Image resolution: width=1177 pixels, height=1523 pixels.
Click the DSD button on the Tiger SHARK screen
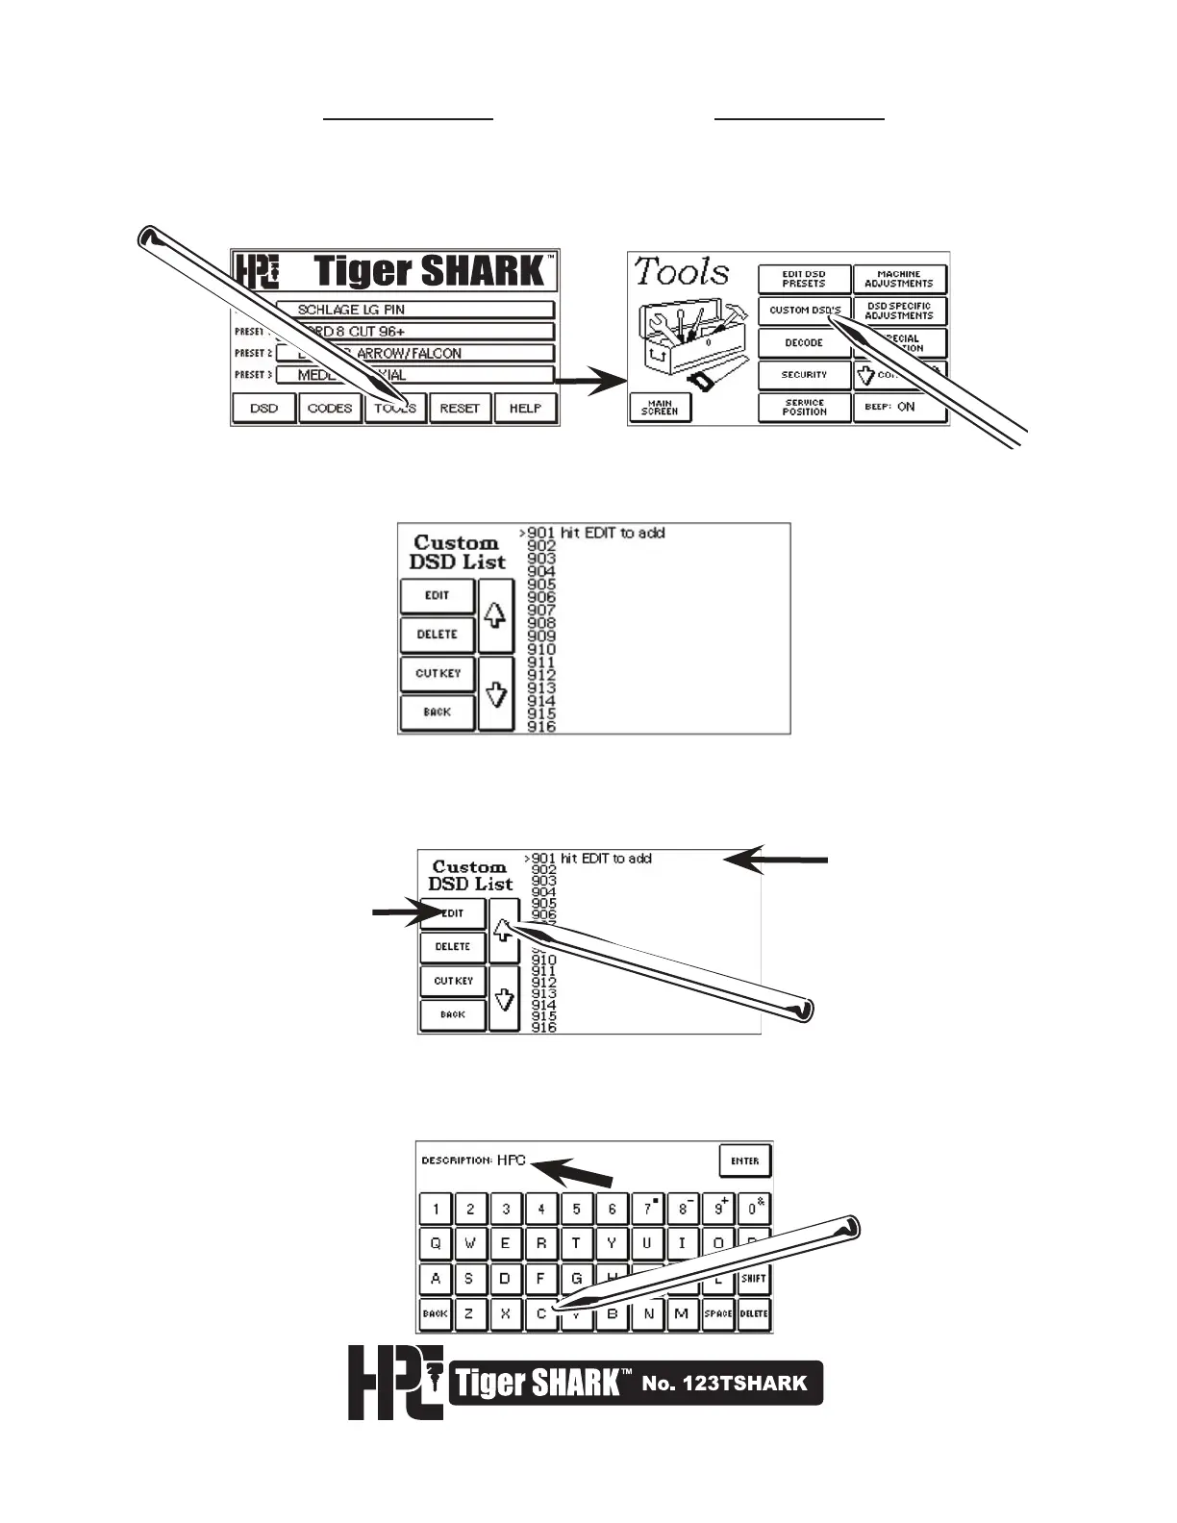click(x=263, y=408)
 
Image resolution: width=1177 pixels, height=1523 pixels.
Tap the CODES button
click(x=329, y=408)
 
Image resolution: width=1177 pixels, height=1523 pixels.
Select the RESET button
click(x=460, y=408)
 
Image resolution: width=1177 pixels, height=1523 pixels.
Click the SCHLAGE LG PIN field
click(x=415, y=310)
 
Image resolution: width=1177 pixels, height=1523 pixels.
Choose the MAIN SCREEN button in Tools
click(x=660, y=409)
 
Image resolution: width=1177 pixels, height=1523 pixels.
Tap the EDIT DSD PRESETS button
click(x=804, y=279)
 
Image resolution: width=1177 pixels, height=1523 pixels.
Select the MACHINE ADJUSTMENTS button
click(x=899, y=279)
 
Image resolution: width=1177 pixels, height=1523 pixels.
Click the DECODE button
click(x=804, y=342)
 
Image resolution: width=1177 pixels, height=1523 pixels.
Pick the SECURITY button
click(x=804, y=374)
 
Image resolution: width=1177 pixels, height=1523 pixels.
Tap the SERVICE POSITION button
click(x=804, y=408)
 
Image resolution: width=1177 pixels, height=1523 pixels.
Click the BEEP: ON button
click(x=899, y=407)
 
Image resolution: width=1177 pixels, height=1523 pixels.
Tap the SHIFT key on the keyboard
click(x=754, y=1279)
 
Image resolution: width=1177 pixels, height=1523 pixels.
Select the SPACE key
click(x=718, y=1313)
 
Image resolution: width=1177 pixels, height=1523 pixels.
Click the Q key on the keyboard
click(x=436, y=1243)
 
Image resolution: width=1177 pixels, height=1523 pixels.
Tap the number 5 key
click(x=576, y=1210)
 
